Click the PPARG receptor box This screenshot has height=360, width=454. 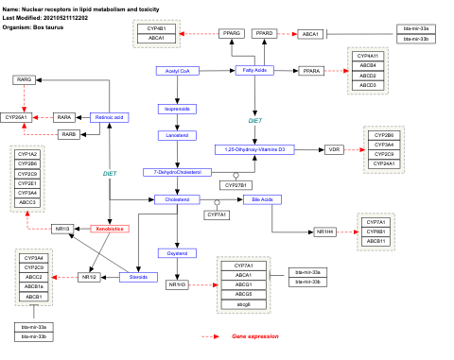pyautogui.click(x=232, y=34)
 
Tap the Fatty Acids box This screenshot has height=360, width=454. pyautogui.click(x=254, y=71)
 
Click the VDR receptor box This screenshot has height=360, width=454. pyautogui.click(x=334, y=149)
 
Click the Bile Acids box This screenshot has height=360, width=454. pyautogui.click(x=257, y=200)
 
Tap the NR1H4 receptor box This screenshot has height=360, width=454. pyautogui.click(x=325, y=231)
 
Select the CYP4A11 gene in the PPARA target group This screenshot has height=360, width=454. pyautogui.click(x=367, y=57)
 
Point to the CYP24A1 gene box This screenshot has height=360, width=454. pyautogui.click(x=383, y=163)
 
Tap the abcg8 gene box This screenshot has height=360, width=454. pyautogui.click(x=243, y=304)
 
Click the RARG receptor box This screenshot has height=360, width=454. pyautogui.click(x=24, y=79)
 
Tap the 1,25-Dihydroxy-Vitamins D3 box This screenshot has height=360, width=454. pyautogui.click(x=254, y=149)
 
